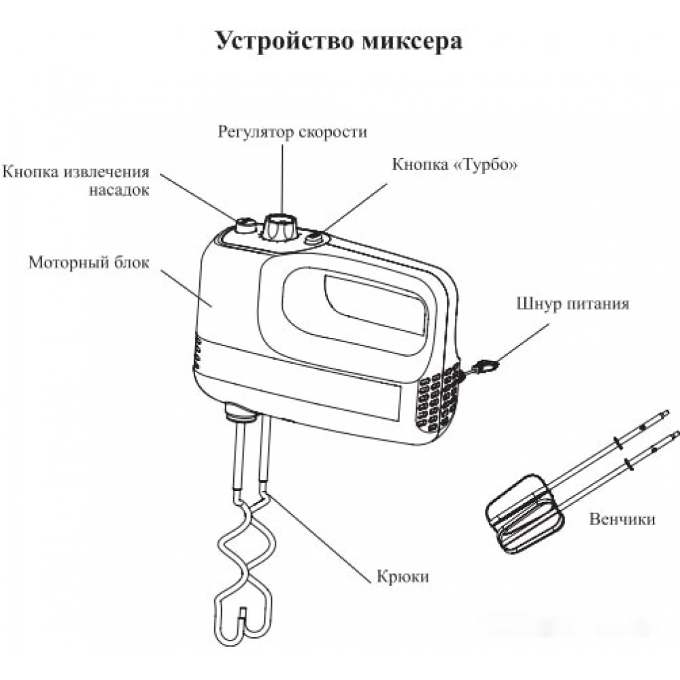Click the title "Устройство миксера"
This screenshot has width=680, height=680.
339,41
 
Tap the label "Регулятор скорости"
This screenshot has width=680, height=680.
292,132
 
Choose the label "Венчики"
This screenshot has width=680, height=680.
623,520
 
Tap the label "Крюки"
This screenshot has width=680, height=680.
403,577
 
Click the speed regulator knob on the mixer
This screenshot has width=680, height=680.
280,224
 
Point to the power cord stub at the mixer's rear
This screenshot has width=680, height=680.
481,368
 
